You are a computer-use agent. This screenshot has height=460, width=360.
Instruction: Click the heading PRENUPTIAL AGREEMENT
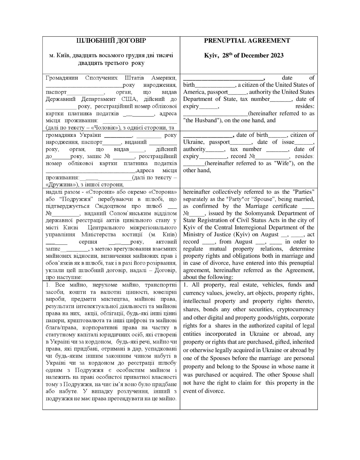[x=247, y=41]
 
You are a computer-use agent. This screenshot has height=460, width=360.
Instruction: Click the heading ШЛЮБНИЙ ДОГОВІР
[x=111, y=41]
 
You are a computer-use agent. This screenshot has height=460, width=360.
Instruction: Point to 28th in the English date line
[x=227, y=55]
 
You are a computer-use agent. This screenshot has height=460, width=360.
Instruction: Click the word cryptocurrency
[x=295, y=309]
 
